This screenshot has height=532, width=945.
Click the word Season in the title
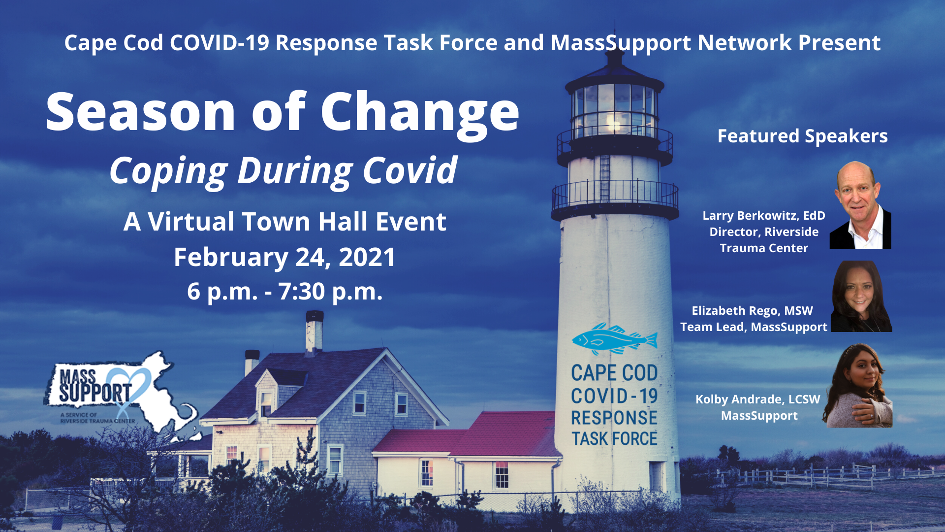click(x=141, y=112)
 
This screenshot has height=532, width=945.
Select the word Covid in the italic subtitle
click(x=410, y=170)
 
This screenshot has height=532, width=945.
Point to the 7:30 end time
click(x=301, y=291)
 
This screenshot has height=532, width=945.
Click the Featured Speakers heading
click(x=802, y=136)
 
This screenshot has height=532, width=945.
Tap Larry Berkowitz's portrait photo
click(x=860, y=205)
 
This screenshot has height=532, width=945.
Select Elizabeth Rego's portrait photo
click(x=861, y=297)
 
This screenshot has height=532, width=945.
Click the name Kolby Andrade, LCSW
click(x=758, y=399)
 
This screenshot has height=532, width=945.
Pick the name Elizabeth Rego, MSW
click(x=753, y=311)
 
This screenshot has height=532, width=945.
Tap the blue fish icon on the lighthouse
click(x=615, y=339)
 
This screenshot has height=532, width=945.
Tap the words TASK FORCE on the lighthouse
click(x=614, y=438)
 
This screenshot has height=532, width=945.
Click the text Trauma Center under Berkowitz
click(x=764, y=248)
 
